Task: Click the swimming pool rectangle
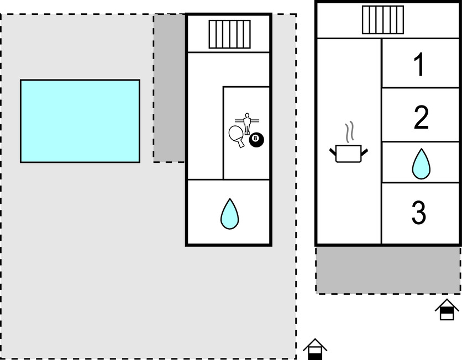point(80,121)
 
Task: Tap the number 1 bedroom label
point(419,65)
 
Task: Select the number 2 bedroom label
point(421,118)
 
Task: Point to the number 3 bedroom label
point(419,212)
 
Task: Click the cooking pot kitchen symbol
point(349,153)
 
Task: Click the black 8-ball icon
point(256,140)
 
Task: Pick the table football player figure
point(247,123)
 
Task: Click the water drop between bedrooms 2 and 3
point(421,164)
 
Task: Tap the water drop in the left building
point(229,214)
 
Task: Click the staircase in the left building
point(230,34)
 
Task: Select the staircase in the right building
point(383,20)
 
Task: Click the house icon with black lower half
point(315,350)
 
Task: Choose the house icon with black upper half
point(447,310)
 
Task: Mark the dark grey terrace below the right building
point(388,270)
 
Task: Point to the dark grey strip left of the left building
point(169,88)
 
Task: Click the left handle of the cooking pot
point(333,152)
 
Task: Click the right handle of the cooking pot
point(365,152)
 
